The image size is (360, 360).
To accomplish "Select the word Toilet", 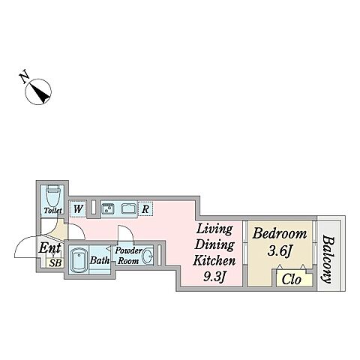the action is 52,211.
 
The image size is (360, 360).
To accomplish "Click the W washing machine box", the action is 78,208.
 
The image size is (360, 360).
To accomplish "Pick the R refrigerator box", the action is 145,208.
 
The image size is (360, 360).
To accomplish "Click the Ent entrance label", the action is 50,248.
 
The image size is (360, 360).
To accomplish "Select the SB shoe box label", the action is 55,262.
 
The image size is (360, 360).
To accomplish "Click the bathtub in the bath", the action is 79,259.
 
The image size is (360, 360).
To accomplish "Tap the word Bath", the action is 100,260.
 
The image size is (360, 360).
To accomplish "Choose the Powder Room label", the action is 128,256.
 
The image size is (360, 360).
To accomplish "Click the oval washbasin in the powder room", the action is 148,256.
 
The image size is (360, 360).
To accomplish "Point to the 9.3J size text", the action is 214,277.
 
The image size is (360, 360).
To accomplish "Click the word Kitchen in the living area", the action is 214,260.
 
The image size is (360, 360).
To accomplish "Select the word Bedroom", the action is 280,234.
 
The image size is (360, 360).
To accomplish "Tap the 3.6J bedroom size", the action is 280,250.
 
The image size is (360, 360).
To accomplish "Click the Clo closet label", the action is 291,279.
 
